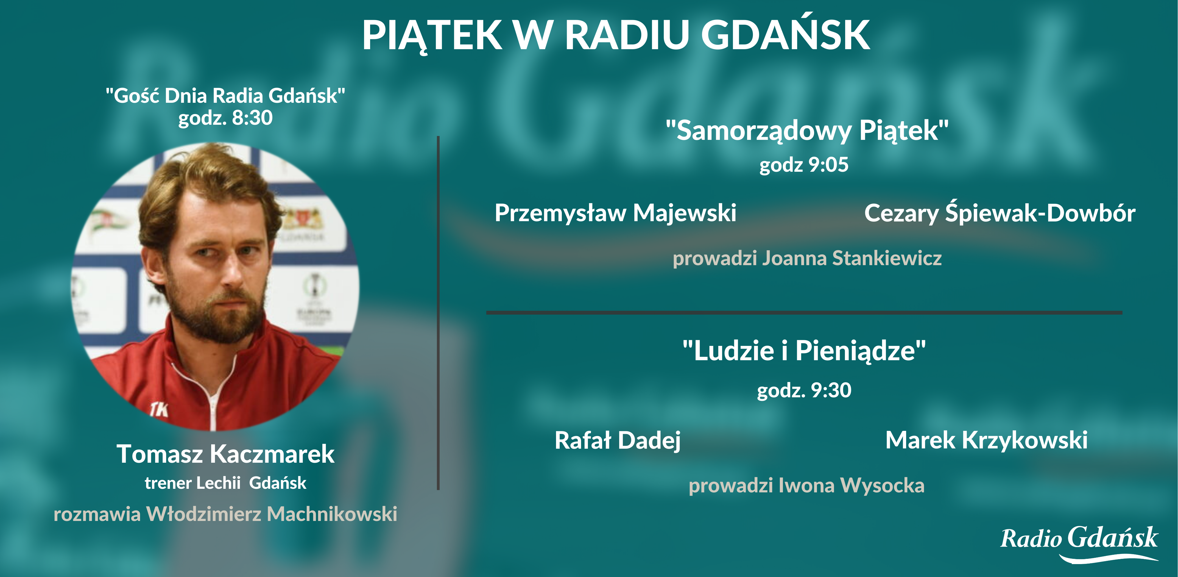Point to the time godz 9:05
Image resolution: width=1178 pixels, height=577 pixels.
click(804, 165)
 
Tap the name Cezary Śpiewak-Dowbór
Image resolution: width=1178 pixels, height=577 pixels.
click(1000, 213)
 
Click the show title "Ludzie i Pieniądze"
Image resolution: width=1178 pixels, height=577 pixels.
click(804, 351)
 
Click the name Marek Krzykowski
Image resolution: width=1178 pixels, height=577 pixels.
click(986, 440)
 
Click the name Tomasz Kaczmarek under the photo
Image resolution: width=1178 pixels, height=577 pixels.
click(225, 454)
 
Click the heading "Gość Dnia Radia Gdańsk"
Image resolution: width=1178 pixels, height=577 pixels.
click(225, 96)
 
